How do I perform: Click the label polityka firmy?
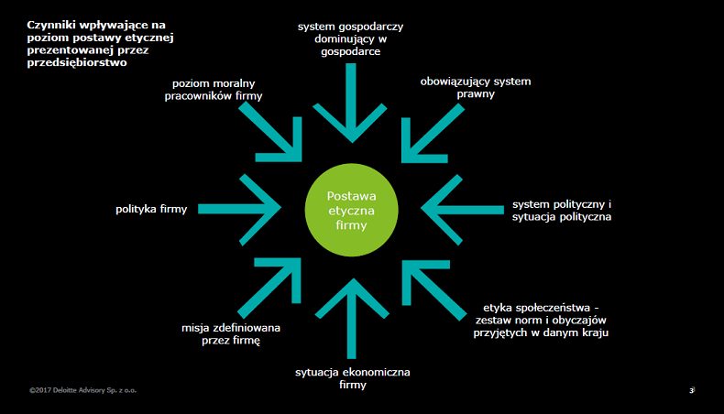(151, 209)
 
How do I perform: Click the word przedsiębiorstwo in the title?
(75, 63)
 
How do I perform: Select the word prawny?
(476, 94)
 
